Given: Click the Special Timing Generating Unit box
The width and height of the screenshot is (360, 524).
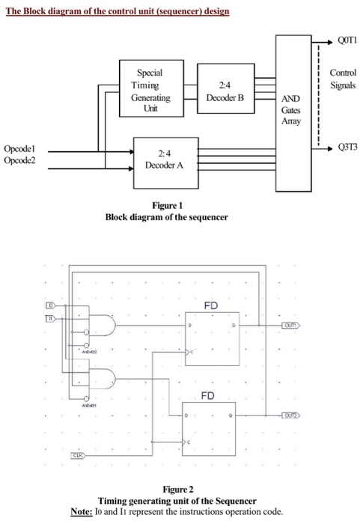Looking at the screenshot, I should click(150, 91).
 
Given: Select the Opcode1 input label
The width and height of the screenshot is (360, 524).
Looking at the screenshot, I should click(20, 150).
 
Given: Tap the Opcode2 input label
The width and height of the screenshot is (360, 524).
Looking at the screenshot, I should click(20, 159).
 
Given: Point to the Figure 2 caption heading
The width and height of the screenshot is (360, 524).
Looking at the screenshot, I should click(179, 490).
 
